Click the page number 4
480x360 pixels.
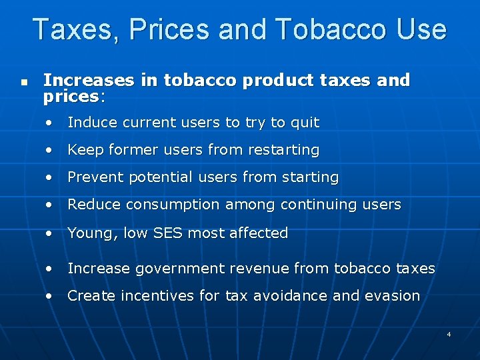[449, 333]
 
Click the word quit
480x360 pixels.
[305, 123]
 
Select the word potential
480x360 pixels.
[155, 177]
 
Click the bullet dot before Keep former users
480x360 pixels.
[49, 151]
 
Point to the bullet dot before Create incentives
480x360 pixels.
[49, 297]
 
